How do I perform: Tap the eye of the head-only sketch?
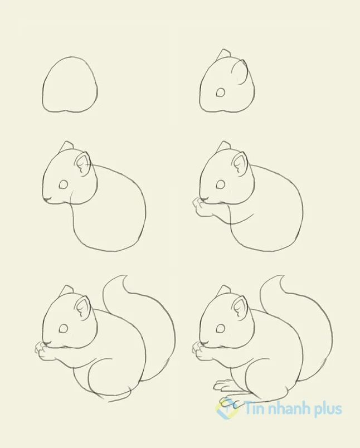tap(220, 92)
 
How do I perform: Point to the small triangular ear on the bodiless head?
tap(223, 54)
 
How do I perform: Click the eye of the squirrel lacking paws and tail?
tap(64, 184)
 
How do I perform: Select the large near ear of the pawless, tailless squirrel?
tap(83, 163)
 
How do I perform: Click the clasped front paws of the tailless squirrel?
tap(200, 206)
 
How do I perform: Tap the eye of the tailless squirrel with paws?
tap(220, 184)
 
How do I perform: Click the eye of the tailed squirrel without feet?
tap(64, 329)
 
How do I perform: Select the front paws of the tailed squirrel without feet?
tap(43, 350)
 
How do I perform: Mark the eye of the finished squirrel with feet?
tap(220, 329)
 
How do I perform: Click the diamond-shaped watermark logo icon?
tap(227, 408)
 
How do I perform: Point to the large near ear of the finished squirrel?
tap(240, 308)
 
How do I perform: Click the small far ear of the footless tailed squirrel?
tap(67, 290)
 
